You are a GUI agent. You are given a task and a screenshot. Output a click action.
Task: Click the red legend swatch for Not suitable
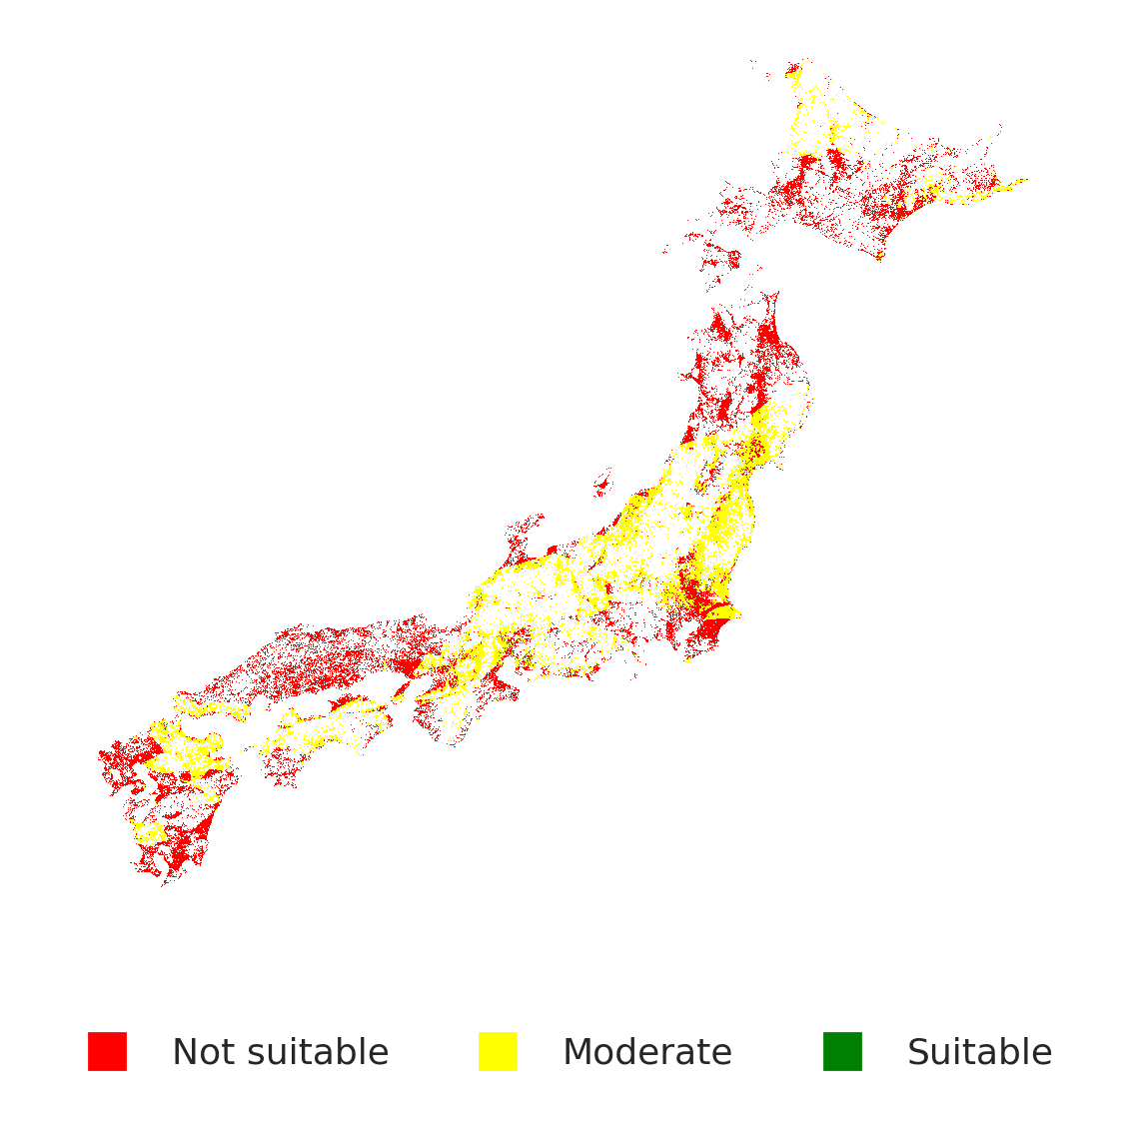(107, 1051)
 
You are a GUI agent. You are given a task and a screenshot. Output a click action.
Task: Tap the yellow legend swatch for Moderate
(498, 1051)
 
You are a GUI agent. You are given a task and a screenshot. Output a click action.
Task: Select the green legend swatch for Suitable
(842, 1051)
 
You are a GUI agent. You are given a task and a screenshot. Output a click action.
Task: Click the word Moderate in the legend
(646, 1052)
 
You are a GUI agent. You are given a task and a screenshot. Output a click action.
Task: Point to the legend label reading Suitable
(979, 1052)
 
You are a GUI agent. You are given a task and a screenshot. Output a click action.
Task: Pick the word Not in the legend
(204, 1052)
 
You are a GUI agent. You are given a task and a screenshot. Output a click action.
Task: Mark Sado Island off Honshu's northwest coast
(601, 485)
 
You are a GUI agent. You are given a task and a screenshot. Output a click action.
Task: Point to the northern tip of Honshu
(769, 298)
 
